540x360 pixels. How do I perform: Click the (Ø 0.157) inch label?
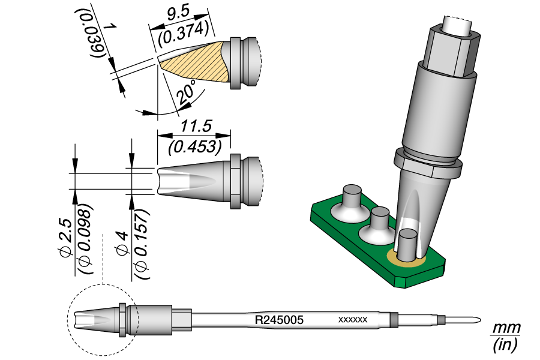[142, 242]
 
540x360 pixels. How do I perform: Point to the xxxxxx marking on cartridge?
[353, 320]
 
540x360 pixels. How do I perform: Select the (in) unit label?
[505, 345]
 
